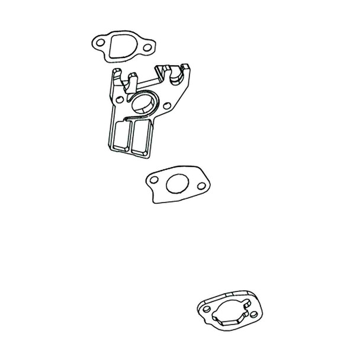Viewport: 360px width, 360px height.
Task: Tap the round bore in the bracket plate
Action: coord(142,104)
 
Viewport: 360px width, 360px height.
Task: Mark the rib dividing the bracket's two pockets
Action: coord(131,139)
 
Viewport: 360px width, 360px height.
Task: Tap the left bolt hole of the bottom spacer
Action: coord(205,310)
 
